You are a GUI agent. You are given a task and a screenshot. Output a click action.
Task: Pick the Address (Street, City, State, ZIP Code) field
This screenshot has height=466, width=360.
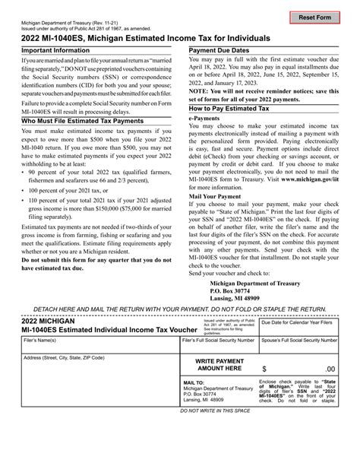(98, 372)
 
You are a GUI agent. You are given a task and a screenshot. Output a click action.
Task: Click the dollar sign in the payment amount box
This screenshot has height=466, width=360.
(264, 367)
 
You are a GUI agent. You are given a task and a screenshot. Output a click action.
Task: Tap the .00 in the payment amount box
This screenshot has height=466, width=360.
(329, 368)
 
